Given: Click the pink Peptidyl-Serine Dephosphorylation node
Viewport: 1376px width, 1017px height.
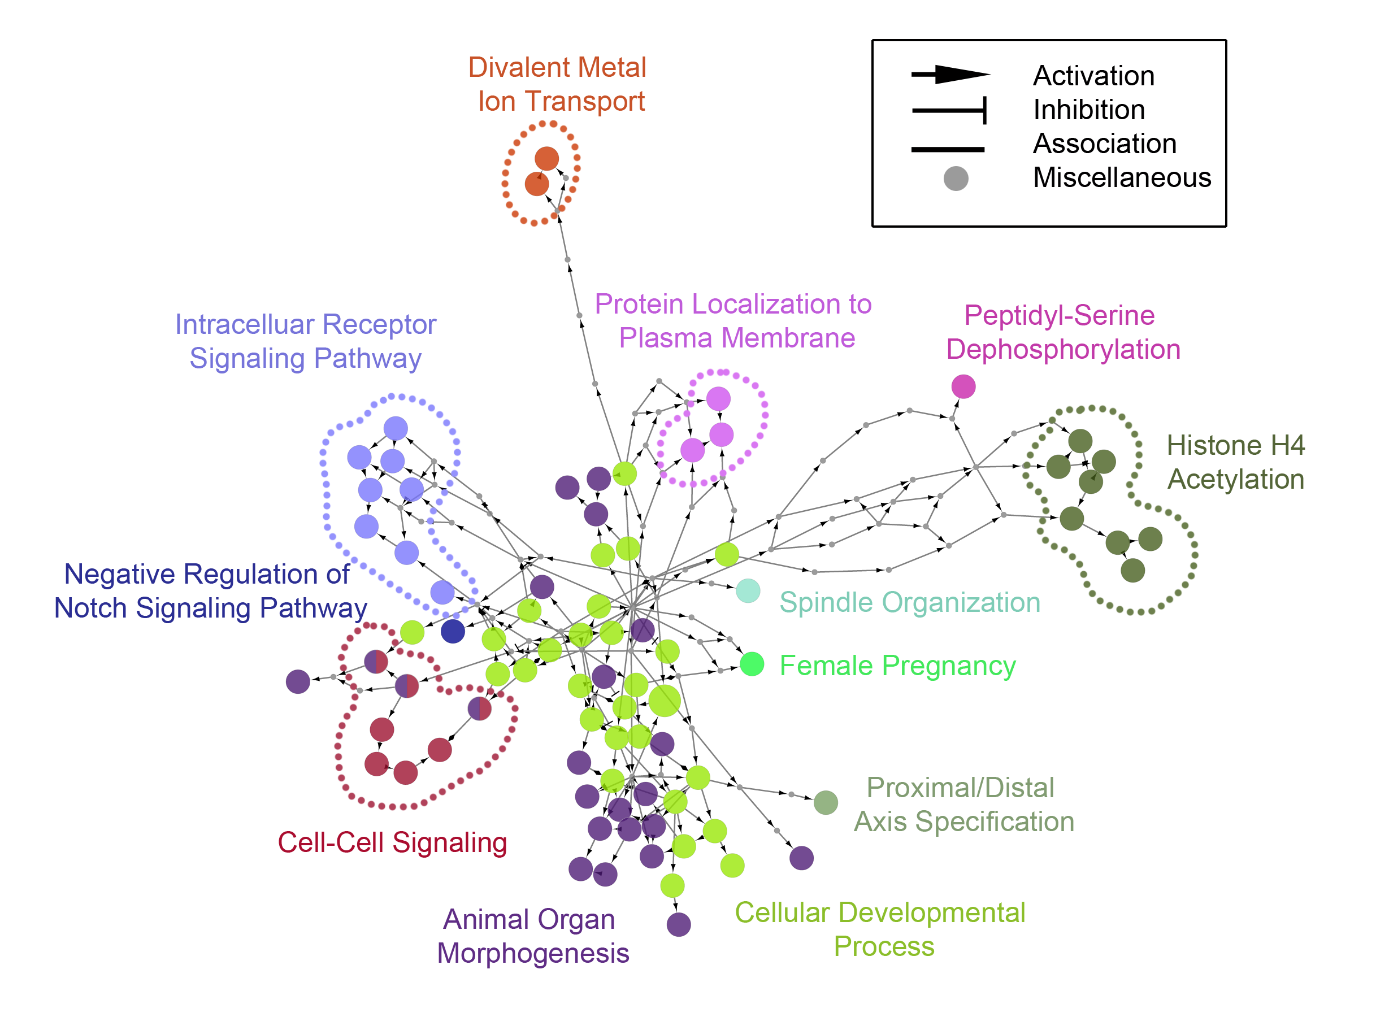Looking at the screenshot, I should [963, 386].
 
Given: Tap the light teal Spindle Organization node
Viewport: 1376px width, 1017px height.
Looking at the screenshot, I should [748, 591].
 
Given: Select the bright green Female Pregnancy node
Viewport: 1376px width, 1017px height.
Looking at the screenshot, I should [752, 664].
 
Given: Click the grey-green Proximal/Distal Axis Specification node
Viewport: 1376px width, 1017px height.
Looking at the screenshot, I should [826, 802].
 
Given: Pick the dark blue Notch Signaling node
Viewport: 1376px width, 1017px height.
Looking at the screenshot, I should [453, 631].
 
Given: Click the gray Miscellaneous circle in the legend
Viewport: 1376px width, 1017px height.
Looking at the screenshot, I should [956, 179].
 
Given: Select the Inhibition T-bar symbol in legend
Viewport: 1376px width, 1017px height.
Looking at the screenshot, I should [949, 110].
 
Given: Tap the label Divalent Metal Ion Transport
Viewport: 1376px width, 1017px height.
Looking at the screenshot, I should [558, 84].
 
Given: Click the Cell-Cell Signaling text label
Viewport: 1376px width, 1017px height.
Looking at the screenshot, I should [392, 842].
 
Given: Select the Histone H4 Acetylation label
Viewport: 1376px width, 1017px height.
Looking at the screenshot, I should [1235, 462].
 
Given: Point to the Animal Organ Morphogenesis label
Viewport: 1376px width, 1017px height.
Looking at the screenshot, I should [532, 936].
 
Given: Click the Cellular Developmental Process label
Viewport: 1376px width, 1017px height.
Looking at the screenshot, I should [880, 929].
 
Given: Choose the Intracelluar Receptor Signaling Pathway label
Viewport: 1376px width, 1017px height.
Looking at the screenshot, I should [305, 341].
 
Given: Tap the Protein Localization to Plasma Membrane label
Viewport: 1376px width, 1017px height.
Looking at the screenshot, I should [733, 321].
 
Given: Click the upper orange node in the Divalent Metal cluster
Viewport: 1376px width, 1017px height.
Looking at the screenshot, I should [546, 159].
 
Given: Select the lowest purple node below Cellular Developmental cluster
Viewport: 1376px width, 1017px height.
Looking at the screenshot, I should [679, 924].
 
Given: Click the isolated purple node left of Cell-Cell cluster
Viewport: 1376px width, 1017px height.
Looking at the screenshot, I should [297, 681].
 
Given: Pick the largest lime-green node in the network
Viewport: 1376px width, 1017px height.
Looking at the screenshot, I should [665, 701].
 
